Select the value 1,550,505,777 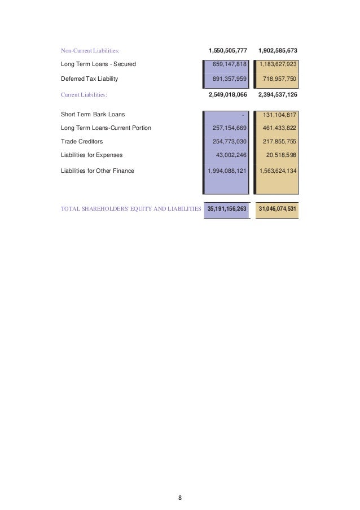(228, 51)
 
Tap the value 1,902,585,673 (278, 51)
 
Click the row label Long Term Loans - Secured (98, 64)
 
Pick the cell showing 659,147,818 (229, 64)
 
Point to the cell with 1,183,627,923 (278, 64)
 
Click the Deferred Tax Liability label (89, 80)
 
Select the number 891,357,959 (229, 80)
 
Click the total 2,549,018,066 (228, 95)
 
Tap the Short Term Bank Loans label (93, 115)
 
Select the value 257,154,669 (229, 128)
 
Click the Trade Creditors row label (82, 142)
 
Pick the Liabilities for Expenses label (91, 155)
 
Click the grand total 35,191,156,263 (227, 209)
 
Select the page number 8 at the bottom (180, 482)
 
